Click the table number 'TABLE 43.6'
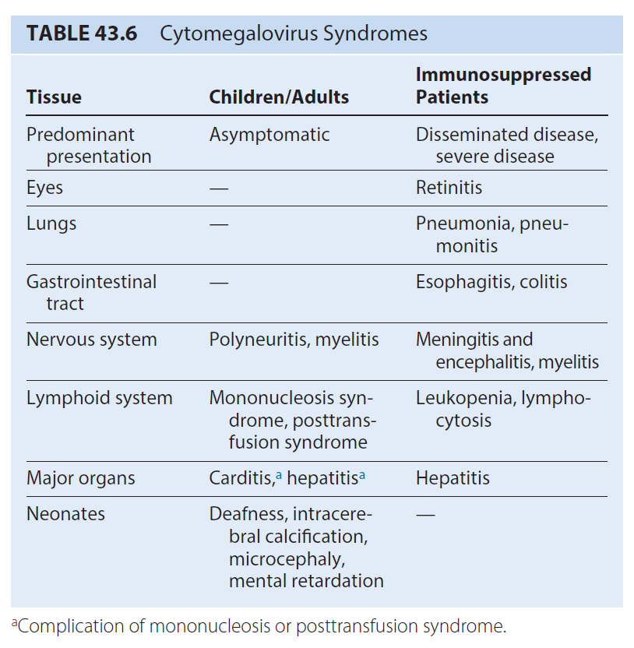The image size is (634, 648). pyautogui.click(x=82, y=33)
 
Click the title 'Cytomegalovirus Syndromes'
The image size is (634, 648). pyautogui.click(x=294, y=34)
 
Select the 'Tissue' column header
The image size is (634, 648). pyautogui.click(x=55, y=97)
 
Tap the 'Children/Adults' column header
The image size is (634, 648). pyautogui.click(x=279, y=97)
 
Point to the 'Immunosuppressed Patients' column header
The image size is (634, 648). pyautogui.click(x=503, y=86)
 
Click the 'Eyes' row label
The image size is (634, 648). pyautogui.click(x=44, y=188)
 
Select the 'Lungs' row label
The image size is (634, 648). pyautogui.click(x=51, y=224)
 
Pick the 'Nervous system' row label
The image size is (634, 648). pyautogui.click(x=92, y=340)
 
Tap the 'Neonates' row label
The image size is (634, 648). pyautogui.click(x=65, y=514)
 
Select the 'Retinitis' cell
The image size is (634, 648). pyautogui.click(x=449, y=188)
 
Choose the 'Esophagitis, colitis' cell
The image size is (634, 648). pyautogui.click(x=491, y=282)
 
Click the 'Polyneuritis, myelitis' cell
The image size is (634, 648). pyautogui.click(x=294, y=340)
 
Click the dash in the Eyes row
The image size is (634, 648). pyautogui.click(x=219, y=189)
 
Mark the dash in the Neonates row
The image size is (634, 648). pyautogui.click(x=425, y=516)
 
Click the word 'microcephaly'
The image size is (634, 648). pyautogui.click(x=286, y=559)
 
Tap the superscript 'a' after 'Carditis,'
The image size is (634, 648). pyautogui.click(x=279, y=475)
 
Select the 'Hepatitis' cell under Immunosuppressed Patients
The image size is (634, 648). pyautogui.click(x=453, y=478)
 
